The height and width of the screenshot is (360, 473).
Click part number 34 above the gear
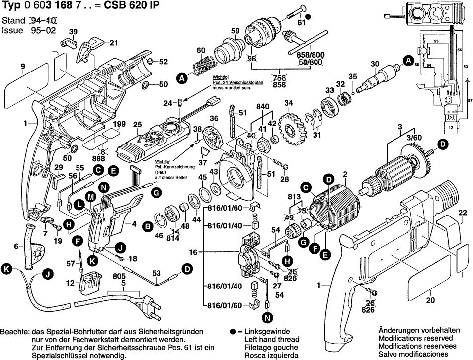point(288,103)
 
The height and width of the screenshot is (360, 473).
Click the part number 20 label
point(430,299)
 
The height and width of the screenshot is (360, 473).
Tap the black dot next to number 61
point(308,17)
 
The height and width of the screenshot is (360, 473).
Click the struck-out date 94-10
point(43,21)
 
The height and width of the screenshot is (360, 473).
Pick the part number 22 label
point(463,213)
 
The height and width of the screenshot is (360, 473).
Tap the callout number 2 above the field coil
point(344,174)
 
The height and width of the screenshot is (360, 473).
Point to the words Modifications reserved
point(410,337)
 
